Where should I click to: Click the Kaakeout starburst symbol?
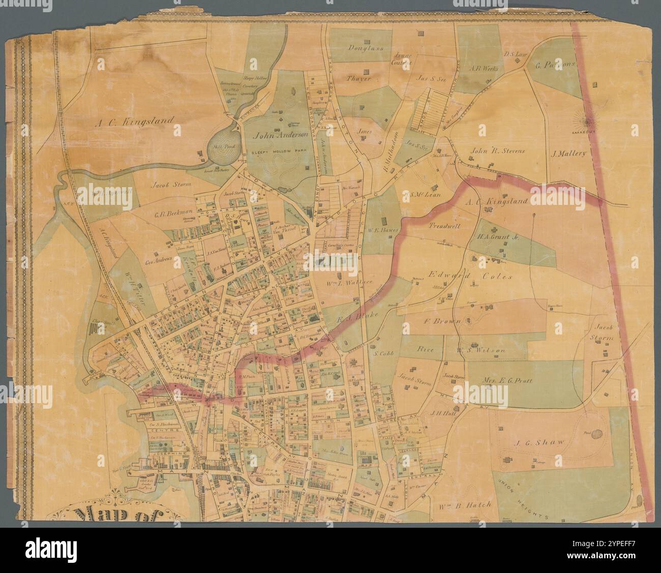[589, 122]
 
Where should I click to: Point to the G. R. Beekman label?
[174, 214]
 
